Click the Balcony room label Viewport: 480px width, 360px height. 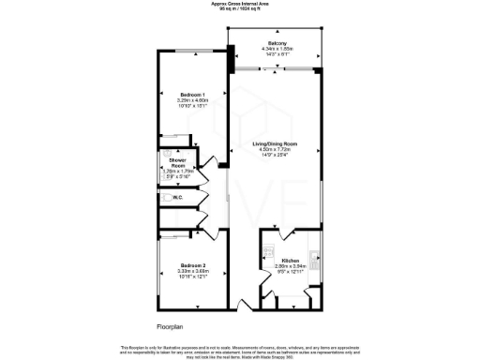pyautogui.click(x=277, y=44)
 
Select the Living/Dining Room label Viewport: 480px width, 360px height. pyautogui.click(x=278, y=143)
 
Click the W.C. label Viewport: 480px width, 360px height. pyautogui.click(x=177, y=197)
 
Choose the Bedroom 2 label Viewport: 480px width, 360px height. pyautogui.click(x=193, y=265)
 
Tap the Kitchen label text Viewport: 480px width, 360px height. pyautogui.click(x=291, y=260)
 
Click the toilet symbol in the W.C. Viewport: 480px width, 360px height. pyautogui.click(x=165, y=197)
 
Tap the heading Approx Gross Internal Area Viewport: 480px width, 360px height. pyautogui.click(x=240, y=4)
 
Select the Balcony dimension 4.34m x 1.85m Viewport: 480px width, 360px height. pyautogui.click(x=277, y=51)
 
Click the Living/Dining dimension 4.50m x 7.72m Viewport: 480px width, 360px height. pyautogui.click(x=278, y=150)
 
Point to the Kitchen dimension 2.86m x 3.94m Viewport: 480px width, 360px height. pyautogui.click(x=291, y=266)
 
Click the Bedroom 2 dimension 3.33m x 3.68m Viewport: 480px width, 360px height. pyautogui.click(x=193, y=272)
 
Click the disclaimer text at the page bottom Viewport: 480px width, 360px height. pyautogui.click(x=240, y=351)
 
